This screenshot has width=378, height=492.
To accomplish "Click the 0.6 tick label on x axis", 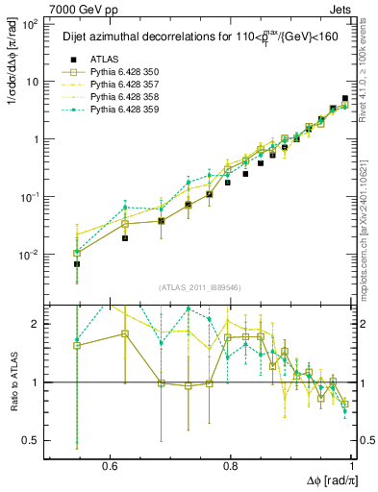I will tap(108, 465).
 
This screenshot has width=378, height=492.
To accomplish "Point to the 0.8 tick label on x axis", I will tap(231, 465).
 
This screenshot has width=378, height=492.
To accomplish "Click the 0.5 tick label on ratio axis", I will tap(33, 440).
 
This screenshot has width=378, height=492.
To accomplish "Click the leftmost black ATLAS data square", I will tap(50, 263).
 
